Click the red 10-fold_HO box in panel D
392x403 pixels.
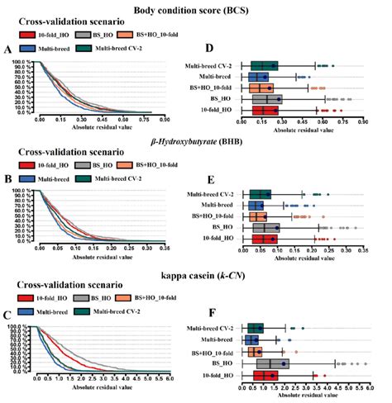click(265, 109)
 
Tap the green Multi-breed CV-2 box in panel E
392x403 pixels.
click(261, 194)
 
